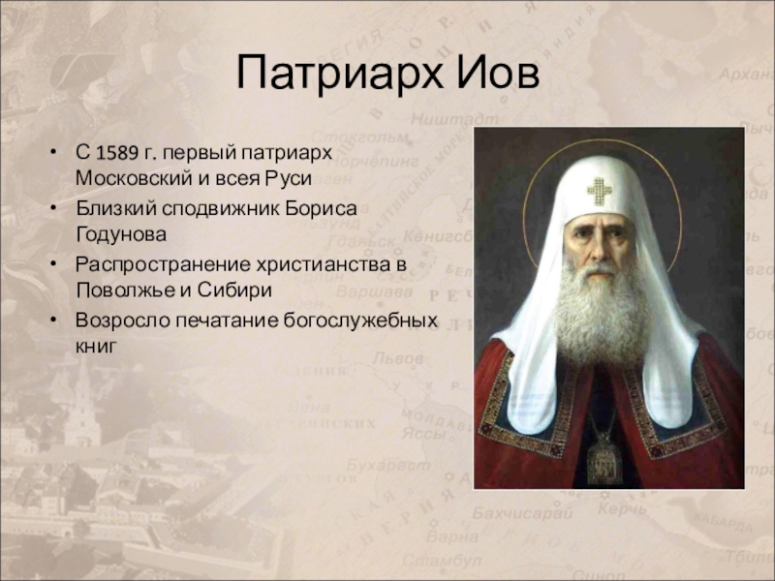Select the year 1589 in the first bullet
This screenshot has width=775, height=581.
(x=116, y=153)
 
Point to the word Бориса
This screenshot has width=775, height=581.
(x=321, y=208)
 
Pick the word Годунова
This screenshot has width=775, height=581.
(x=121, y=233)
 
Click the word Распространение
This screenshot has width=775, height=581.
(x=162, y=264)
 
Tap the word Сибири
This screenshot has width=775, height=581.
(x=234, y=289)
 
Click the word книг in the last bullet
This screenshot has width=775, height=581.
(x=97, y=346)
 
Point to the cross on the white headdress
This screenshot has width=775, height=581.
(x=600, y=191)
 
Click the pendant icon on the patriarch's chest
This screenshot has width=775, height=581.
(x=604, y=458)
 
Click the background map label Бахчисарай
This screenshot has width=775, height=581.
(x=522, y=513)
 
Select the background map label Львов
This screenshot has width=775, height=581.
(x=398, y=357)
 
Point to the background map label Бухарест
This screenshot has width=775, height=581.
(x=388, y=466)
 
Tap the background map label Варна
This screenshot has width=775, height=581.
(x=451, y=536)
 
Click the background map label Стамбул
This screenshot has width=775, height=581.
(x=442, y=561)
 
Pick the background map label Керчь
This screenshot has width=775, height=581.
(x=622, y=508)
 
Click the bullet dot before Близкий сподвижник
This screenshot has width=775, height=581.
(x=53, y=208)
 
